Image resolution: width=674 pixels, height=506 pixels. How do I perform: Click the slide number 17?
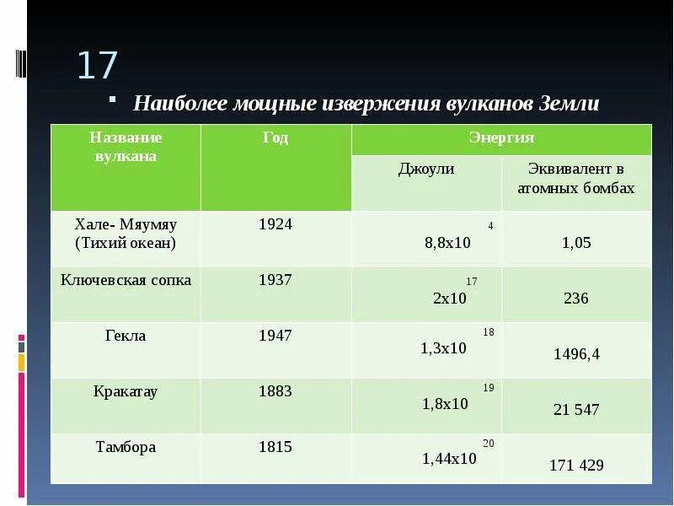point(98,66)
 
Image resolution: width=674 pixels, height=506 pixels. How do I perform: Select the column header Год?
point(275,138)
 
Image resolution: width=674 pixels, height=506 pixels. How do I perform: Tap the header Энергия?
point(501,138)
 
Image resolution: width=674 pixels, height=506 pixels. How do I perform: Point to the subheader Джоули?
point(426,170)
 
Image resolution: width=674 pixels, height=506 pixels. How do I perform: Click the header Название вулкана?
point(126,147)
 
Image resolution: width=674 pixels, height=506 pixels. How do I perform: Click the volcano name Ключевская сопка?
point(126,280)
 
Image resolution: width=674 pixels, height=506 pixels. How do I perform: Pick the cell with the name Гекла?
point(126,336)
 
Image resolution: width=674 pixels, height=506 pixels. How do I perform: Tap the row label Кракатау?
point(126,391)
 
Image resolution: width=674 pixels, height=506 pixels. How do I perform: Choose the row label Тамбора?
point(126,447)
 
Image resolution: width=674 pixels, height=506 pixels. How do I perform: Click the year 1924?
point(275,224)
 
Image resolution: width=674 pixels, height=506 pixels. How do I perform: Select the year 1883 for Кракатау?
point(275,391)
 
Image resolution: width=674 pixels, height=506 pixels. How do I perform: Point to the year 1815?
point(275,447)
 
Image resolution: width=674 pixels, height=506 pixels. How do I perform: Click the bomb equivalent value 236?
point(576,299)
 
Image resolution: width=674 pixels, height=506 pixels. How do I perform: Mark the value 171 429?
point(576,465)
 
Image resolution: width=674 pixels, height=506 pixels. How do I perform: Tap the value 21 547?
point(576,410)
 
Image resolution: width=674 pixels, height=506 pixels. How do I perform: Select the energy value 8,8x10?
point(447,243)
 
